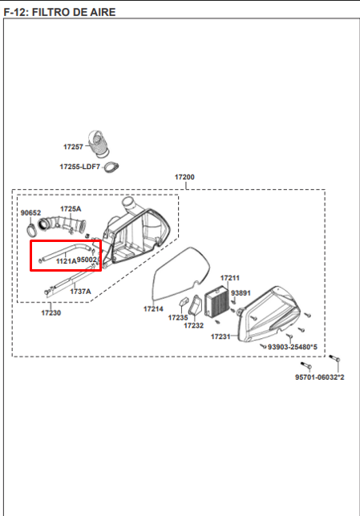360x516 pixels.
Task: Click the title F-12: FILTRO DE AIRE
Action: pyautogui.click(x=59, y=12)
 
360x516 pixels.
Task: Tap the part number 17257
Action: pyautogui.click(x=73, y=147)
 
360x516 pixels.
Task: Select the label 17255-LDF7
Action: pyautogui.click(x=79, y=167)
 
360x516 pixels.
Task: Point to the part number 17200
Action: pyautogui.click(x=184, y=177)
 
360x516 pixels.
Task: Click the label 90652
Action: pyautogui.click(x=30, y=212)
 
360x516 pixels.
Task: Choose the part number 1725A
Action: pyautogui.click(x=71, y=208)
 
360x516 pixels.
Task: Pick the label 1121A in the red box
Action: pyautogui.click(x=67, y=261)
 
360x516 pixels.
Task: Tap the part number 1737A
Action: pyautogui.click(x=80, y=291)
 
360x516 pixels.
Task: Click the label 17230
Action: pyautogui.click(x=51, y=312)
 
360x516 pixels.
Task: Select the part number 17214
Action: pyautogui.click(x=153, y=308)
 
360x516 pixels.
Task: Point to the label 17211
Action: pyautogui.click(x=230, y=278)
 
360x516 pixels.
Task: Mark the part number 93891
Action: pyautogui.click(x=241, y=293)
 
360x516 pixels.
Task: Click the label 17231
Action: pyautogui.click(x=220, y=337)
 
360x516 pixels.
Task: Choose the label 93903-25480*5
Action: pyautogui.click(x=293, y=347)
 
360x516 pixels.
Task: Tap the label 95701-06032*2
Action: pyautogui.click(x=319, y=377)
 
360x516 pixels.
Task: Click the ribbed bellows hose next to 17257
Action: pyautogui.click(x=99, y=143)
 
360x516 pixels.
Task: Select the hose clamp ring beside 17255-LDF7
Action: pyautogui.click(x=111, y=167)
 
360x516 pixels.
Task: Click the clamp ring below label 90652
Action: pyautogui.click(x=32, y=231)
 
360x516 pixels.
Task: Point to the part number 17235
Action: pyautogui.click(x=178, y=317)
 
